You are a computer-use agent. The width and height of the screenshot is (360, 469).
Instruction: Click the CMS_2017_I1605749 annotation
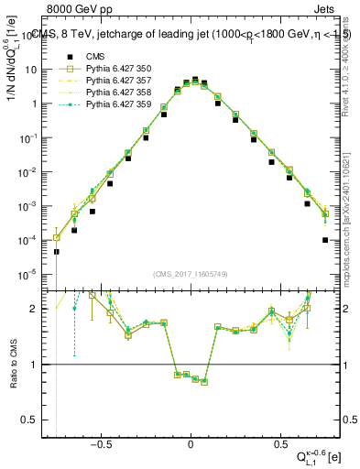[191, 274]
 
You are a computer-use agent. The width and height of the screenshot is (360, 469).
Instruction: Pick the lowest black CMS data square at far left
[56, 252]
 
